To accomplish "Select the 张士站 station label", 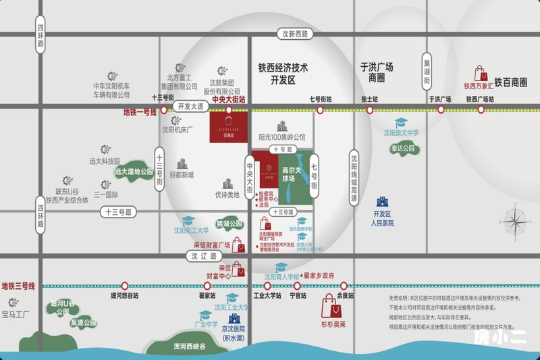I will [369, 99].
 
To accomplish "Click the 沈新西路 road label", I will [294, 34].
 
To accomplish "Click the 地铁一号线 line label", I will [140, 112].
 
